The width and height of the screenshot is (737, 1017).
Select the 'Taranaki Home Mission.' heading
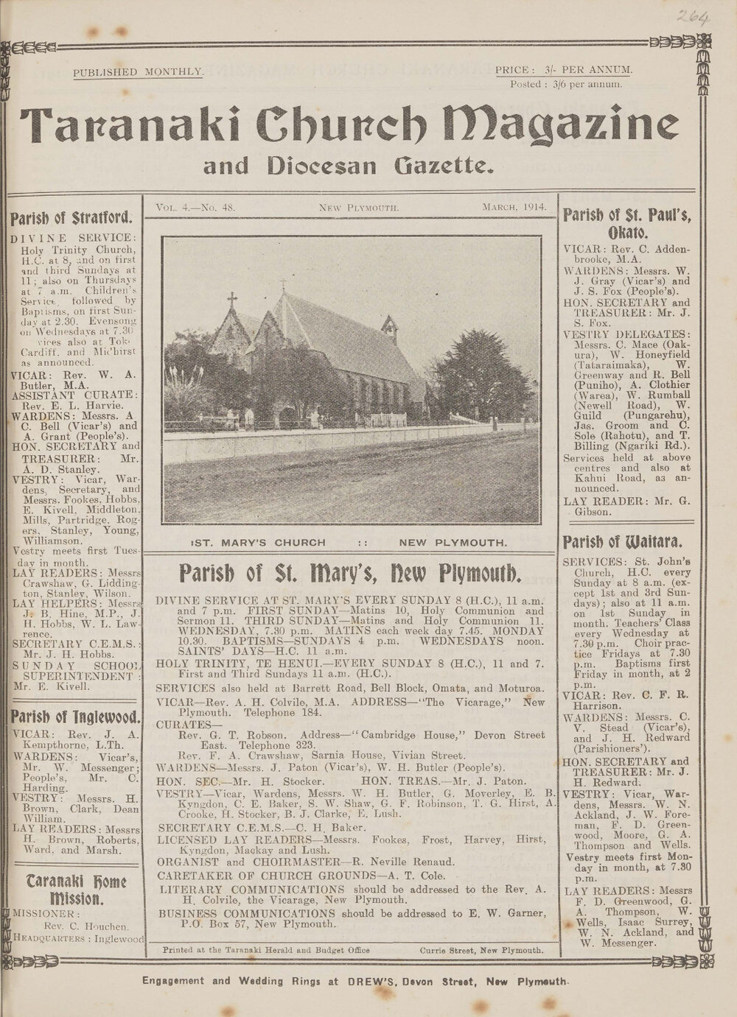76,889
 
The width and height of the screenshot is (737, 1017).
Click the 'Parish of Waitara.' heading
627,543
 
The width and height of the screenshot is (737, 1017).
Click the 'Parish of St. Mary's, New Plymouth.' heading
352,572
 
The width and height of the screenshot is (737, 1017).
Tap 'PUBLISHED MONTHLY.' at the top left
139,71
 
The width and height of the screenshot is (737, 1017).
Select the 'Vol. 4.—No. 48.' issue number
195,208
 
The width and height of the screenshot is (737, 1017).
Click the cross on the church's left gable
232,300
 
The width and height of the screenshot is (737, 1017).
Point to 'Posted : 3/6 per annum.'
566,84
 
